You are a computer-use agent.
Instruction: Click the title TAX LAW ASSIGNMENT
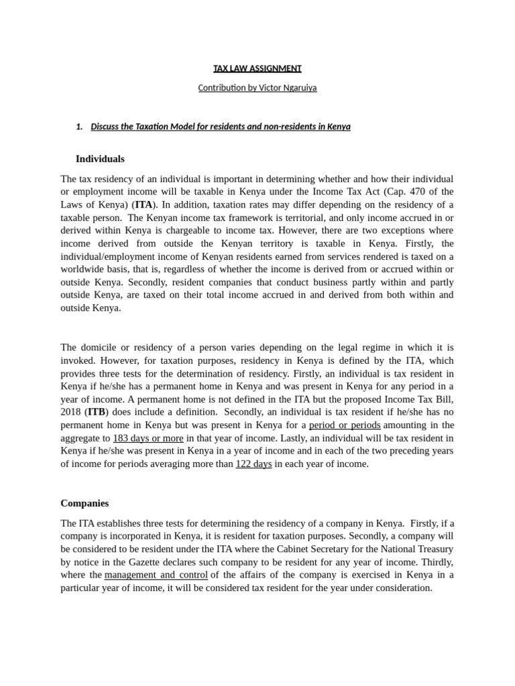point(257,68)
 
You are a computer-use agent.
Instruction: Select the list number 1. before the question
point(79,127)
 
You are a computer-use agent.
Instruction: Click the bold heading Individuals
point(100,159)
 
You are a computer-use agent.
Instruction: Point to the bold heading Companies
point(84,503)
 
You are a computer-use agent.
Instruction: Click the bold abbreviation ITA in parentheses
point(144,204)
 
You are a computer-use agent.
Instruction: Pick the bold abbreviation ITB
point(97,412)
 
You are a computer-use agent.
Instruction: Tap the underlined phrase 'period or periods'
point(344,425)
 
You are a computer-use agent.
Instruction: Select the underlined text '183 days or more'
point(148,438)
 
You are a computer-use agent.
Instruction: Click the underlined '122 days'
point(253,464)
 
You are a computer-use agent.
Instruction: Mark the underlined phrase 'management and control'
point(156,575)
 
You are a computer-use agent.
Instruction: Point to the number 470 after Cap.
point(409,192)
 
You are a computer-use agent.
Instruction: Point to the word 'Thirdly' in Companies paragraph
point(437,562)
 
